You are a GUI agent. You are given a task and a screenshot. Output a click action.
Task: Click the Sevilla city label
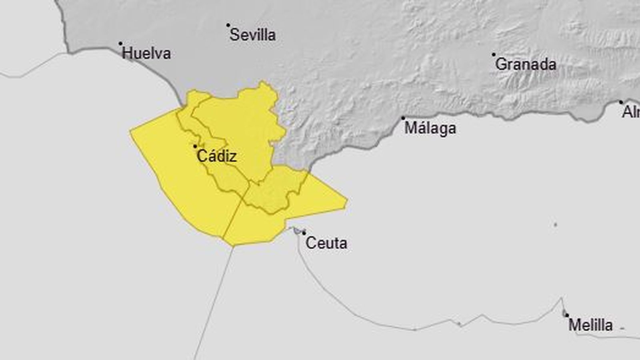[x=252, y=35]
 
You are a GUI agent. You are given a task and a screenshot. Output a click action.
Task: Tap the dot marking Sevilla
[x=228, y=25]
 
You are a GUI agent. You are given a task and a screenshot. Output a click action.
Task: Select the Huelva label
[x=146, y=54]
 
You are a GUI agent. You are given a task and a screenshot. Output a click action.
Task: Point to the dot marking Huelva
[x=120, y=44]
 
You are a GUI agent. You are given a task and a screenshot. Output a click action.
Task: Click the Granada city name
[x=526, y=64]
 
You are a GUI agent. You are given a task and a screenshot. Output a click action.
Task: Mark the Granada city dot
[x=494, y=54]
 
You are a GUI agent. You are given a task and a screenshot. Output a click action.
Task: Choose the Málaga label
[x=430, y=128]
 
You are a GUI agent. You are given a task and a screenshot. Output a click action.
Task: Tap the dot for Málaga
[x=403, y=118]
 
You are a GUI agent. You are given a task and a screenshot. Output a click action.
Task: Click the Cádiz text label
[x=217, y=156]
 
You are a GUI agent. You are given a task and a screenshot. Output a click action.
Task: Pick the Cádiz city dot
[x=195, y=146]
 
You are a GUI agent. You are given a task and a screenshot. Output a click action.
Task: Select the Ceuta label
[x=326, y=243]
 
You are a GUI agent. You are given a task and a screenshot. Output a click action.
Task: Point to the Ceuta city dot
[x=304, y=233]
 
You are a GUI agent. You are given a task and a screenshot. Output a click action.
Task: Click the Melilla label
[x=590, y=325]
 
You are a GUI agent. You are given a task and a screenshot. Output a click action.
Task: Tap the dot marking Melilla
[x=567, y=315]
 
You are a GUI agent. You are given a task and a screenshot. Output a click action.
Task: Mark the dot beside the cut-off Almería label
[x=621, y=102]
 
